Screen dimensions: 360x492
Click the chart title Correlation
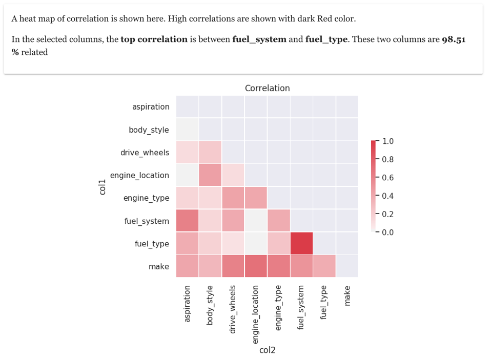click(x=267, y=88)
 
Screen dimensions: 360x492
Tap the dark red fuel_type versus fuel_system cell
click(x=301, y=243)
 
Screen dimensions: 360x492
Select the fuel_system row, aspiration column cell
click(x=188, y=221)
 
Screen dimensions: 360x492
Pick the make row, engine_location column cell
click(x=256, y=266)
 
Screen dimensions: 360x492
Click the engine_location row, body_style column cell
click(x=210, y=175)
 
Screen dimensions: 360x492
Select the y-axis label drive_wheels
click(x=145, y=153)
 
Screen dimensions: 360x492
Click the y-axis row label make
click(x=158, y=266)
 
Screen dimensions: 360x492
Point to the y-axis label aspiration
click(x=151, y=107)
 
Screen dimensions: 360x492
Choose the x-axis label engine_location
click(x=256, y=313)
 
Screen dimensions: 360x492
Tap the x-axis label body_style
click(x=210, y=305)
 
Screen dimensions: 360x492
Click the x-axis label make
click(x=347, y=296)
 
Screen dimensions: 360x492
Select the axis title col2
click(x=267, y=350)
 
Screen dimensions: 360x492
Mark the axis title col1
click(x=102, y=186)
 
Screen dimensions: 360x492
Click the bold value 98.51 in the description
click(x=453, y=39)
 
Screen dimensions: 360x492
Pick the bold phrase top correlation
click(x=154, y=39)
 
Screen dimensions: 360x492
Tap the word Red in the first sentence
click(x=325, y=19)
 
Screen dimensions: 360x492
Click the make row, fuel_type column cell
click(x=324, y=266)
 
